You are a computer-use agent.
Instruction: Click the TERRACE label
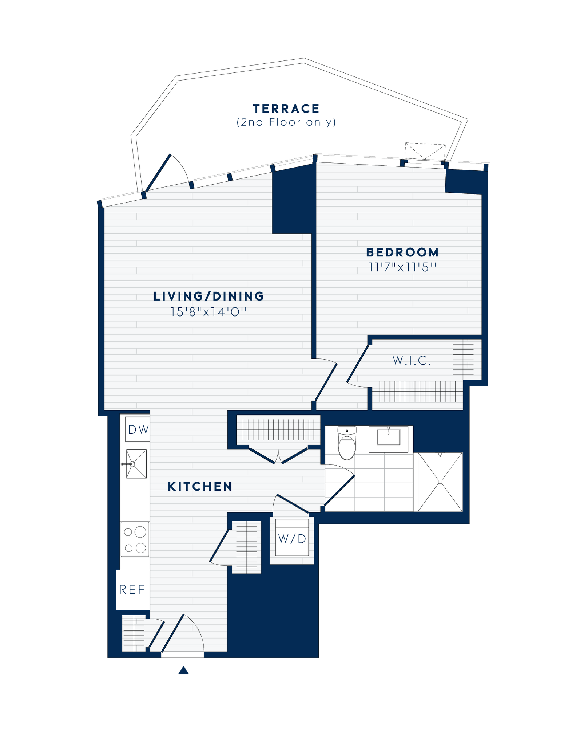point(286,109)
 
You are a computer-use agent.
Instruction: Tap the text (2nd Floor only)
point(286,122)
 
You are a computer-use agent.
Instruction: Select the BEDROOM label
point(402,252)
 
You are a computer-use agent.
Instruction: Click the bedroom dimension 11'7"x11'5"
point(402,268)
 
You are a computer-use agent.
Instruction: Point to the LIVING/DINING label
point(208,296)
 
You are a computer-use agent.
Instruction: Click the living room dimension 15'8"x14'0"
point(208,312)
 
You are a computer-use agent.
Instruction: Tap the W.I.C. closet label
point(412,361)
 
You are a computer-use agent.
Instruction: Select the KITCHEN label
point(200,486)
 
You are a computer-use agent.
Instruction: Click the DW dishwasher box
point(138,430)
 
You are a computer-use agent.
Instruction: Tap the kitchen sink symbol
point(136,464)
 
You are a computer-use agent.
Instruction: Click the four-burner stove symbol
point(135,539)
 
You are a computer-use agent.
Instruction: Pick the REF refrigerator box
point(132,589)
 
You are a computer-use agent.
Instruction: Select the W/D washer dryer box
point(292,538)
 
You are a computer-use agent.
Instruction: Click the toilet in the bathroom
point(347,444)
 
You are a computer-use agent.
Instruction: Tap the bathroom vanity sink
point(388,437)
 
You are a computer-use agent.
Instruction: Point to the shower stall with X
point(440,482)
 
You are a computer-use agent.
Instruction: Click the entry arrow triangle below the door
point(184,670)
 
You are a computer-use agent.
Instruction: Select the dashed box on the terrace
point(425,152)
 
